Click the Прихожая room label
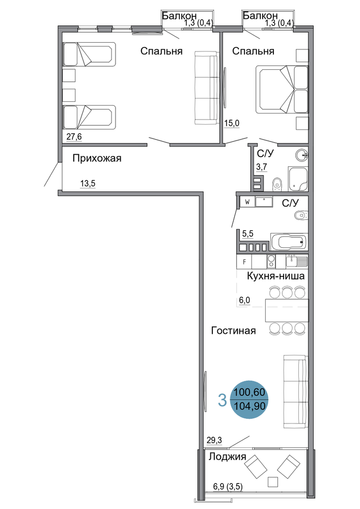(97, 158)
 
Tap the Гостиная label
(233, 330)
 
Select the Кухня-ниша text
(275, 276)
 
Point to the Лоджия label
(227, 457)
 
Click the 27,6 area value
(74, 137)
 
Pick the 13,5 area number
(88, 184)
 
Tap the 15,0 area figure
(232, 123)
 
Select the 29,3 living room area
(214, 440)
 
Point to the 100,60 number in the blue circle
(250, 392)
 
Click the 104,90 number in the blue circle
(250, 406)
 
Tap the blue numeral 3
(222, 400)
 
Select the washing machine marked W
(247, 202)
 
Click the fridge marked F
(244, 262)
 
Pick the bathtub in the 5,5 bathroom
(289, 241)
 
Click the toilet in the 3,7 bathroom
(277, 184)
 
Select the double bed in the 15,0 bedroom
(282, 90)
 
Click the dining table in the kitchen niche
(287, 310)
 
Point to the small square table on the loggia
(273, 482)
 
